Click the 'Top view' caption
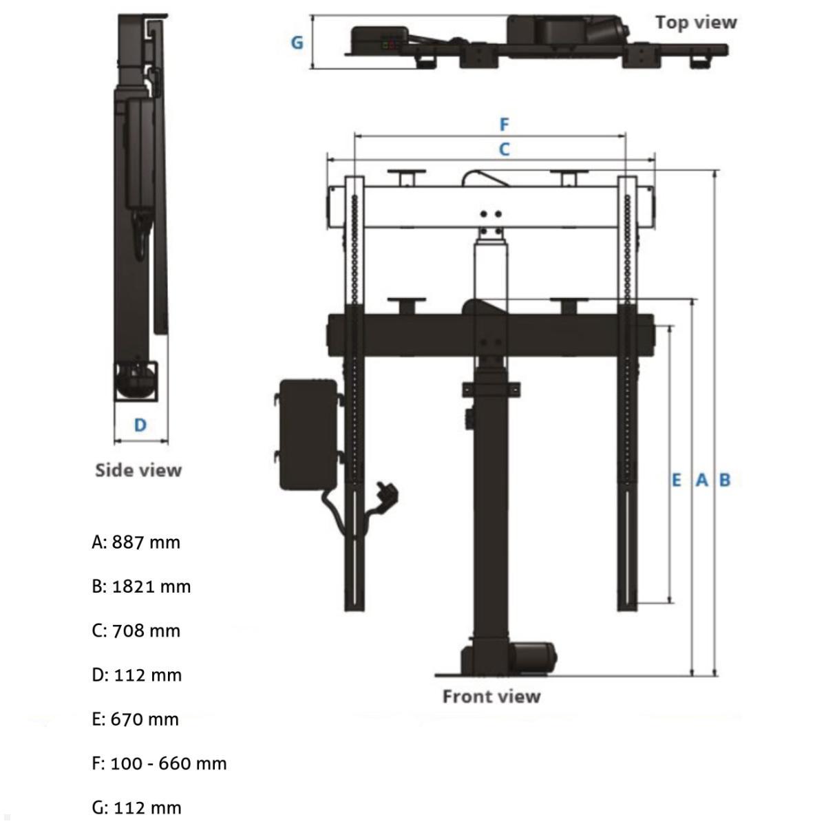coord(695,22)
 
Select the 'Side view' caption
coord(138,470)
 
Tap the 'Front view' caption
coord(491,697)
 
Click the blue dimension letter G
coord(297,43)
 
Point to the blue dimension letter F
coord(504,125)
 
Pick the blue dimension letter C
coord(504,149)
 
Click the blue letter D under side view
coord(140,425)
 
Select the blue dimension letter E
coord(676,480)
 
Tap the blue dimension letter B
coord(724,480)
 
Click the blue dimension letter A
coord(701,480)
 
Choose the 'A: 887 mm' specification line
coord(136,542)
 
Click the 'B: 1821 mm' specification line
coord(141,586)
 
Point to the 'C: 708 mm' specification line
coord(136,631)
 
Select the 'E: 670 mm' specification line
coord(136,719)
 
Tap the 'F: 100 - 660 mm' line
coord(159,763)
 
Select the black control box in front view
coord(308,435)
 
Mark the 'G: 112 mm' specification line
coord(136,807)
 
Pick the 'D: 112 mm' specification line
coord(136,675)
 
